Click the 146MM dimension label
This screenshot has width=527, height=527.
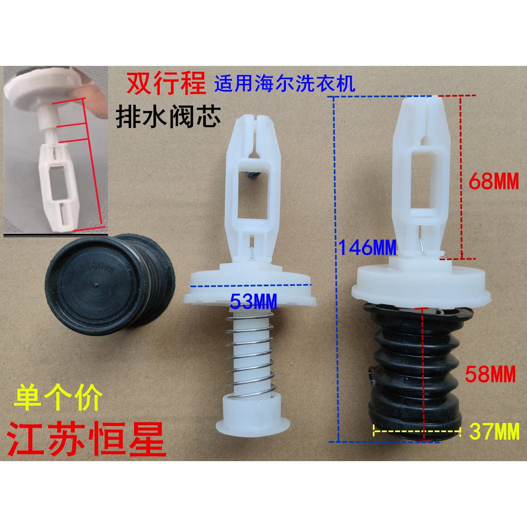(368, 248)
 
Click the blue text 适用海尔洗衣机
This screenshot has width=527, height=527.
(285, 85)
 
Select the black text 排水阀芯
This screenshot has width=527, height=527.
(168, 118)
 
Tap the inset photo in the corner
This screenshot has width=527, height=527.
(56, 150)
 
